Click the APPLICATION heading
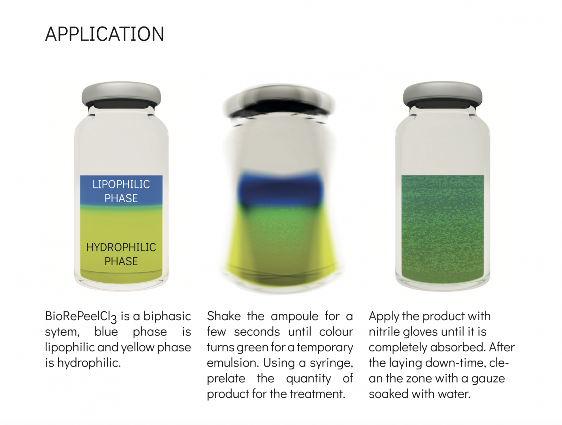pyautogui.click(x=104, y=34)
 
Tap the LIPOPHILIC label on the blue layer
pyautogui.click(x=121, y=184)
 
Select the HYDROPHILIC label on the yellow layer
pyautogui.click(x=121, y=247)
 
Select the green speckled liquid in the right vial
pyautogui.click(x=442, y=229)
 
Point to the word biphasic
pyautogui.click(x=167, y=317)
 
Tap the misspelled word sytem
pyautogui.click(x=62, y=332)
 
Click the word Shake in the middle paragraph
pyautogui.click(x=224, y=316)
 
